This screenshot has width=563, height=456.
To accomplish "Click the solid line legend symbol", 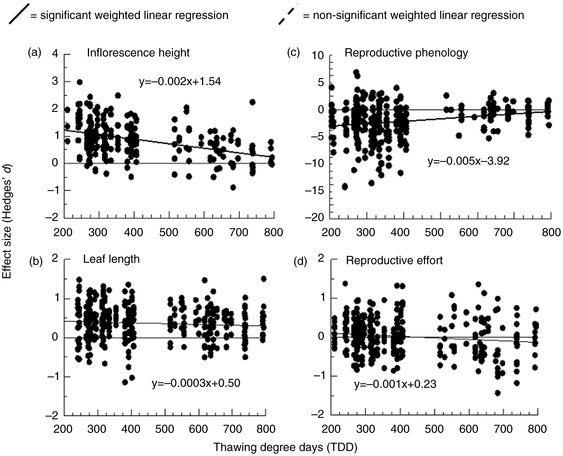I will (17, 14).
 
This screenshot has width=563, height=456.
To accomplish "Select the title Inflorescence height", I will (138, 53).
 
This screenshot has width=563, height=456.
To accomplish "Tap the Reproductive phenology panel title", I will (406, 53).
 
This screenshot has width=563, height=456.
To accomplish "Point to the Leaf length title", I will (111, 259).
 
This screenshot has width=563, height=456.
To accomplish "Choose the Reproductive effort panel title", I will (394, 260).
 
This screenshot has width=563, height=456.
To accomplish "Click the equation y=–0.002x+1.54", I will (180, 82).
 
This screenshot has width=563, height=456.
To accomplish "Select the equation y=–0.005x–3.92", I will (468, 161).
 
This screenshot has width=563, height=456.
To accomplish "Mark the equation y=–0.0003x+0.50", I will (196, 383).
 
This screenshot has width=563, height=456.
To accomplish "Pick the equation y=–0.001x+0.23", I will (395, 384).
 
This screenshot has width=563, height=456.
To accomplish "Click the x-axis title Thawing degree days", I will (285, 447).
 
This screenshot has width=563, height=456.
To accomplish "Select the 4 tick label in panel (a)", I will (55, 54).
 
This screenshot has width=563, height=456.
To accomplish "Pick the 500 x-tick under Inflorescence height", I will (169, 232).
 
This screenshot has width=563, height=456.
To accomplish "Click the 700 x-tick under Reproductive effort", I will (503, 429).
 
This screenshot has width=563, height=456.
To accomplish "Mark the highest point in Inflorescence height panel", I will (79, 82).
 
